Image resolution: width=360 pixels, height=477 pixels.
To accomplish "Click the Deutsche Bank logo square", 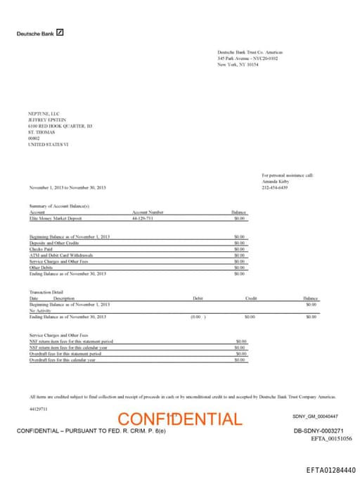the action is point(60,32).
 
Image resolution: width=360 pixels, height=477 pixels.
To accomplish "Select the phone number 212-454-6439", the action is point(275,187).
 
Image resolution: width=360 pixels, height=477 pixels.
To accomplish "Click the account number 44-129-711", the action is point(143,218).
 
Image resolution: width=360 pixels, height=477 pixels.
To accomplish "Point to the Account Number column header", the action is point(148,212).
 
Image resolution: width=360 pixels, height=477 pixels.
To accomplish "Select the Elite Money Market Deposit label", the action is point(56,218).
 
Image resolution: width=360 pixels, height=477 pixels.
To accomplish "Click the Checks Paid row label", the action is point(41,248).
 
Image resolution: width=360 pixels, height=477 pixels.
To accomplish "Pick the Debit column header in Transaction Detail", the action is point(198,298).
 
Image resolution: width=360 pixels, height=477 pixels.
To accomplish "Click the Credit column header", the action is point(251,298).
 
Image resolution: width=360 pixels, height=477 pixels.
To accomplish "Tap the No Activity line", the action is point(41,310).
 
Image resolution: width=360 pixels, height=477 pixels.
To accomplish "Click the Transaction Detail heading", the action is point(47,291).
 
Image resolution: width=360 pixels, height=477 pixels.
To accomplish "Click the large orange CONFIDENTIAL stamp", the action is point(180,419).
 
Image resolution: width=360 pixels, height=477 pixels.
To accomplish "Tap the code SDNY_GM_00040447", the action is point(314,416).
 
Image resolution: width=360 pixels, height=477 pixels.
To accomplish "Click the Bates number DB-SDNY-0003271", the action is point(318,430).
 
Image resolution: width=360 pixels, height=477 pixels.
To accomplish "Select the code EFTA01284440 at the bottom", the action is point(330,469).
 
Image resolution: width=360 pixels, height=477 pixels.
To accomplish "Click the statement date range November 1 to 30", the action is point(67,187).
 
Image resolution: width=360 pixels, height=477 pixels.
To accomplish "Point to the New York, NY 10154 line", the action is point(238,64).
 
